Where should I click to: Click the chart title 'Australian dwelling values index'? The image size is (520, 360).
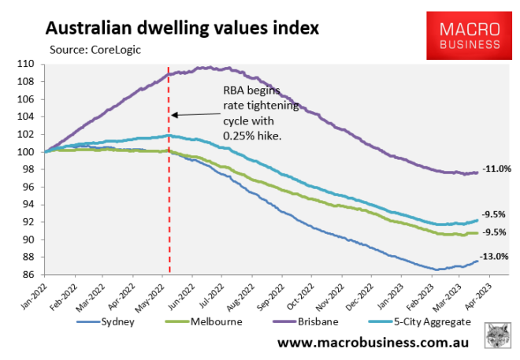pos(182,29)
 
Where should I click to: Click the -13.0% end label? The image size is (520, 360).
pos(494,256)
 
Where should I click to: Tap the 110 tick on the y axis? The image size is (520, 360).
pos(32,64)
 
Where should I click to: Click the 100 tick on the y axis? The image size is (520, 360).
pos(32,152)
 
